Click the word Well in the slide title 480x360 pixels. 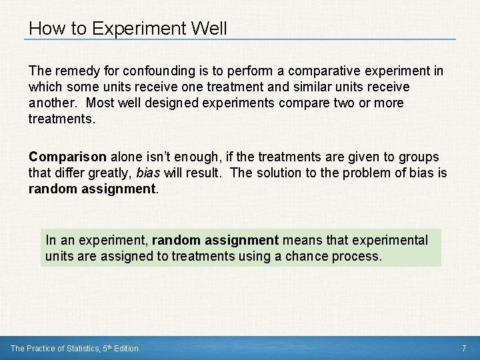tap(208, 29)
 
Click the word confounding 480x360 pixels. tap(149, 71)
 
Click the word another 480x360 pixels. tap(50, 104)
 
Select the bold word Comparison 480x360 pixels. tap(67, 157)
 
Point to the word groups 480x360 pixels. tap(418, 157)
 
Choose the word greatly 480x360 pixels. tap(106, 173)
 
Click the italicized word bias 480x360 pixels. tap(147, 173)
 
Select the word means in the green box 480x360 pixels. tap(299, 240)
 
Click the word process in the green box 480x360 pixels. tap(359, 257)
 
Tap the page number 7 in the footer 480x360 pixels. tap(464, 348)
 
